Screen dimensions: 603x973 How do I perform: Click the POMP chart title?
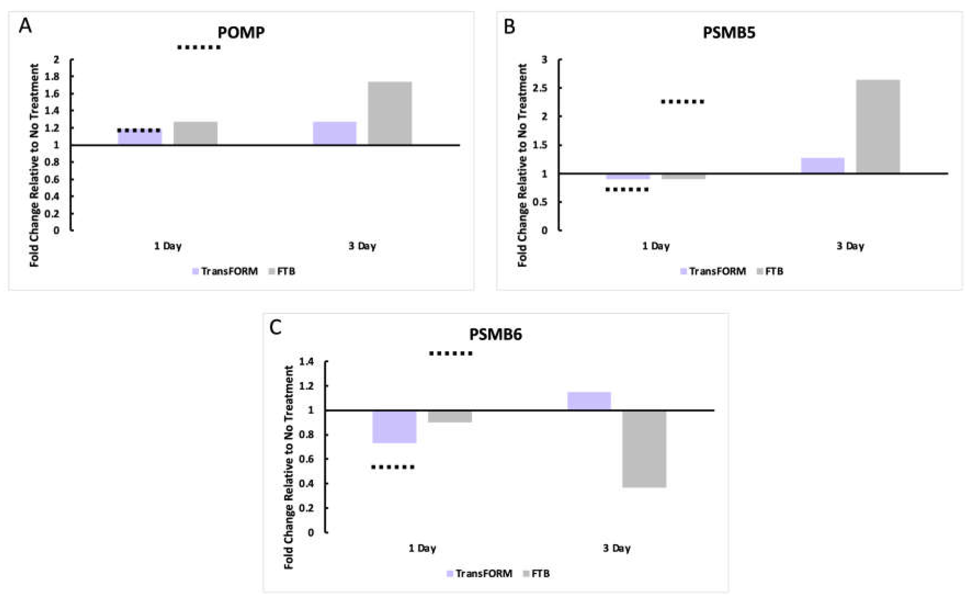[241, 32]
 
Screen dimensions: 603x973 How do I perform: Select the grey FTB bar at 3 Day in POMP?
[389, 113]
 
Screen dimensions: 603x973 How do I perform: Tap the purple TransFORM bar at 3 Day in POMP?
[334, 133]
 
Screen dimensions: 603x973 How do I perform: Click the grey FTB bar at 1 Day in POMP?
[195, 133]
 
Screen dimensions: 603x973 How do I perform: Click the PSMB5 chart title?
[729, 32]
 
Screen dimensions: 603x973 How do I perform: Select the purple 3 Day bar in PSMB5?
[823, 165]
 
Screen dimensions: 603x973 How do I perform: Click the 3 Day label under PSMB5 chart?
[850, 246]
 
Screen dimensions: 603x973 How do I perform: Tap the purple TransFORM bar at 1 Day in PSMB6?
[394, 427]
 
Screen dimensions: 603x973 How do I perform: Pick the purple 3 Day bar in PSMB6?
[589, 401]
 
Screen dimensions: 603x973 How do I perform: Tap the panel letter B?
[509, 27]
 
